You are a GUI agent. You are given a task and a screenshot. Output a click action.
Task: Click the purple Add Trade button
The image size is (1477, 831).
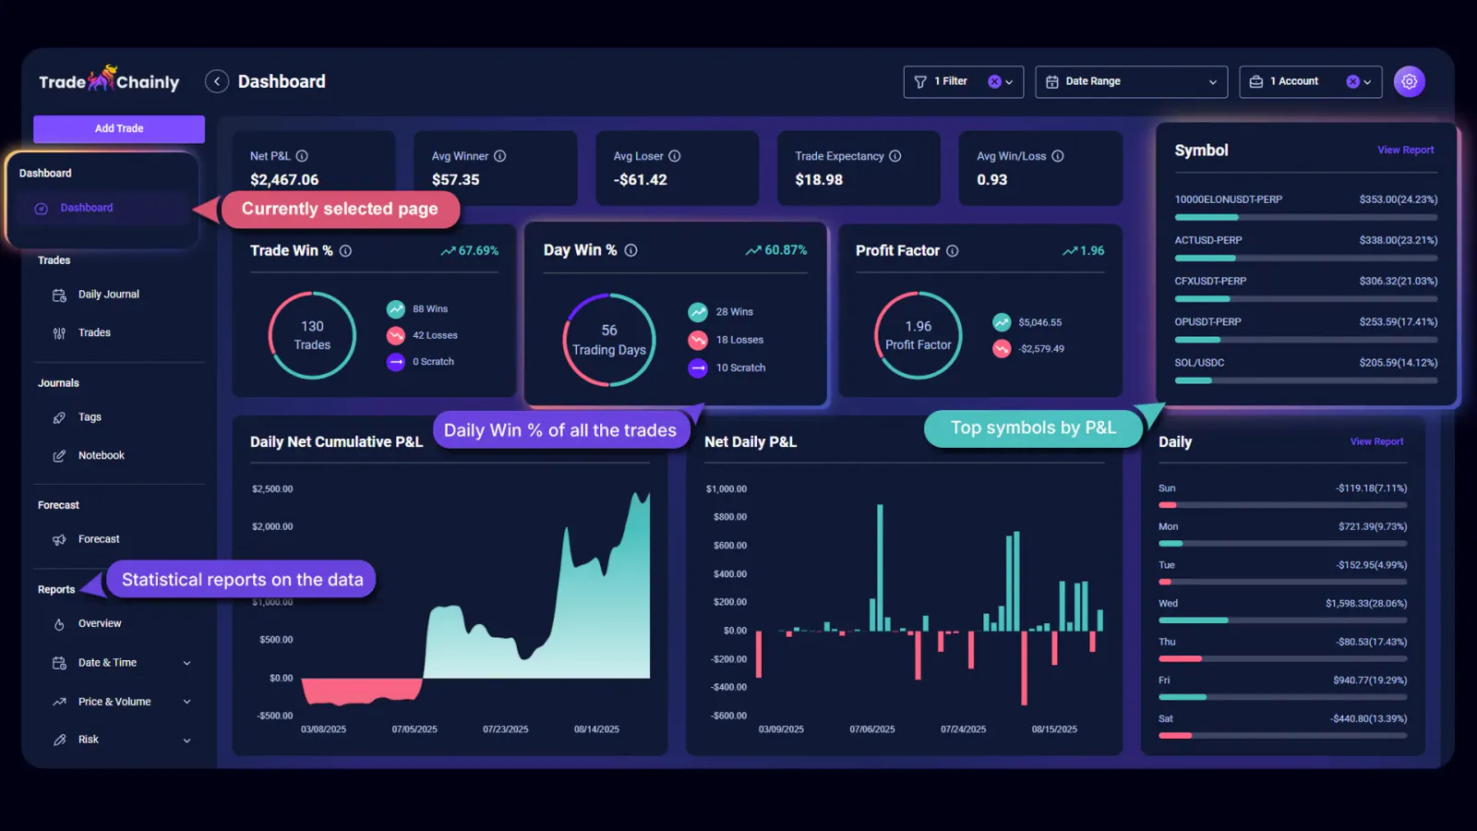[119, 129]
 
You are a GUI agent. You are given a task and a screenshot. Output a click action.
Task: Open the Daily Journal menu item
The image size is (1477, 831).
[108, 295]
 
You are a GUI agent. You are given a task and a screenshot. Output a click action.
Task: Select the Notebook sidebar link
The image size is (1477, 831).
[101, 455]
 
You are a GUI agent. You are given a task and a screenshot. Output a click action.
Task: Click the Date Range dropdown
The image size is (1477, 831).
[1131, 82]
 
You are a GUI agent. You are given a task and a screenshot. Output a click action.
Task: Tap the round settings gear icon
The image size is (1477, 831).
[1409, 82]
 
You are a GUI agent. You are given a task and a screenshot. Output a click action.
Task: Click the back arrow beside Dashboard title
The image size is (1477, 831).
[216, 82]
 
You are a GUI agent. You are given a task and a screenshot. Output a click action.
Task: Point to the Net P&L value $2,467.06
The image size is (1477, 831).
[284, 180]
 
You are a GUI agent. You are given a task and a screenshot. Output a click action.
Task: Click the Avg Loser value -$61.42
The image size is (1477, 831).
[640, 180]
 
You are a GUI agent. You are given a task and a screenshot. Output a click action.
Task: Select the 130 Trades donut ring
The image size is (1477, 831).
[312, 335]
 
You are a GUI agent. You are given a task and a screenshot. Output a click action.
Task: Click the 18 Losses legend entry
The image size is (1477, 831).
[738, 340]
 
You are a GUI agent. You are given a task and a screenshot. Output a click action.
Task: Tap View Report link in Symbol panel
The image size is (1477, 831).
[1405, 151]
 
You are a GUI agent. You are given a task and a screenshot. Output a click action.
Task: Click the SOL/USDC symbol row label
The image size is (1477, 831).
[1199, 363]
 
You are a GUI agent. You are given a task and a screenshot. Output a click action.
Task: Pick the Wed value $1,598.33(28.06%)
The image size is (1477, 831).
[1365, 604]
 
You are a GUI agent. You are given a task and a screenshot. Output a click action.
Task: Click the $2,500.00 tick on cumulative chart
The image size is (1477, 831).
[272, 489]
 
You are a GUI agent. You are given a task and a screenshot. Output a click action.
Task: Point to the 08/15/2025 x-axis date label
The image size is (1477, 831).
[1054, 729]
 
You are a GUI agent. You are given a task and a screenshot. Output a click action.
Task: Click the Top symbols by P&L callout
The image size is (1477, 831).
[1033, 428]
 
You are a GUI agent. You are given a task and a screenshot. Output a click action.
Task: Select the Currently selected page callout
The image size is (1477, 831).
[340, 210]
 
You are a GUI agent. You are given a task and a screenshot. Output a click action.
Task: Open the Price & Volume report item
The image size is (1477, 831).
[114, 702]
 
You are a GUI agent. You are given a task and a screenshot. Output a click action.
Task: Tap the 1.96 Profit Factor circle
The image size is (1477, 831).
[918, 335]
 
